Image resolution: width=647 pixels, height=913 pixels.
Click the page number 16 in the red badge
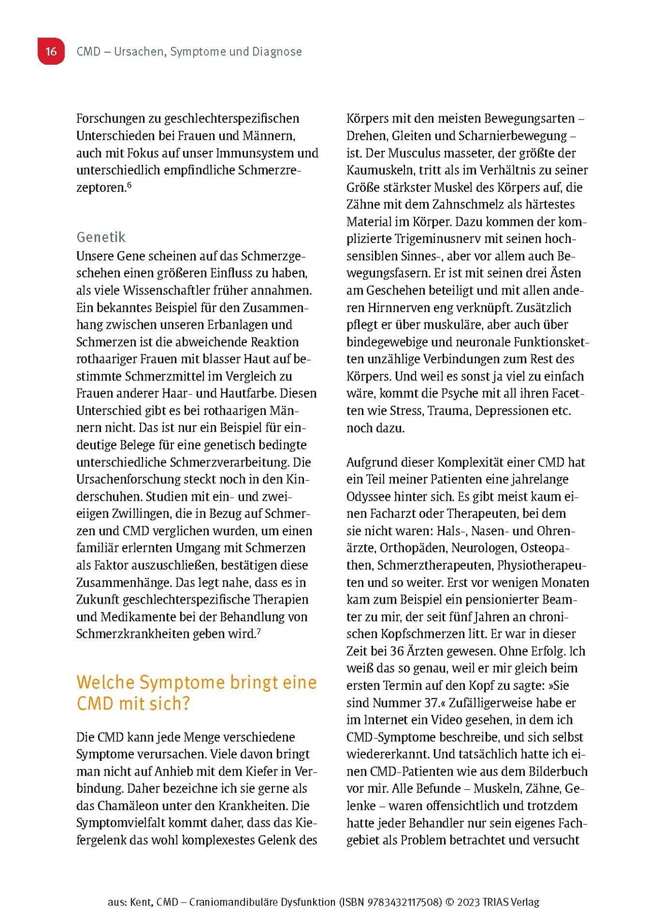click(x=51, y=51)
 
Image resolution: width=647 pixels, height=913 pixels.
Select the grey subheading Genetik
click(x=101, y=237)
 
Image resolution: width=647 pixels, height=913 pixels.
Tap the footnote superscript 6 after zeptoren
click(x=129, y=185)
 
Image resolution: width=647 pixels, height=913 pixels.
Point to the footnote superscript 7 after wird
click(x=259, y=631)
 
